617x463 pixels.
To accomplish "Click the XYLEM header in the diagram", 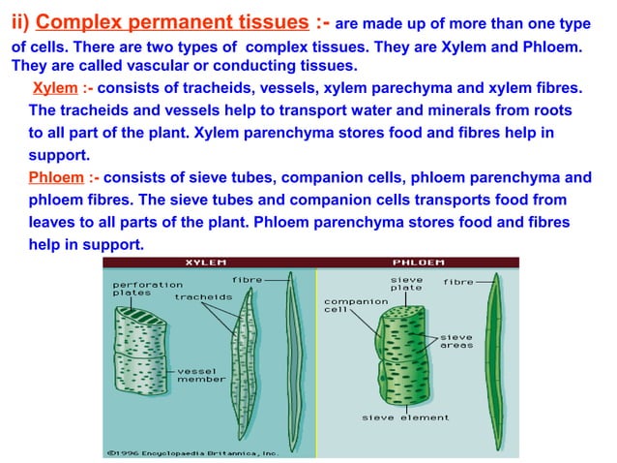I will [206, 262].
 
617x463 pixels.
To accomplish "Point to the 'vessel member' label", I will [201, 374].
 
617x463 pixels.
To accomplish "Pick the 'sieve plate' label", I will [406, 284].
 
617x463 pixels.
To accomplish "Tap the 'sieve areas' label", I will [456, 341].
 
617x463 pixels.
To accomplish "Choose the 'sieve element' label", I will [405, 417].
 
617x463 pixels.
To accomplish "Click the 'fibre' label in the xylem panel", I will [247, 280].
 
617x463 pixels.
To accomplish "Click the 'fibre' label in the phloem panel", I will [458, 282].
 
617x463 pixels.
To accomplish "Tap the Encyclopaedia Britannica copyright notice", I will [192, 451].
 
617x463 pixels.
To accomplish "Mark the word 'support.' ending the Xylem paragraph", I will [59, 154].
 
